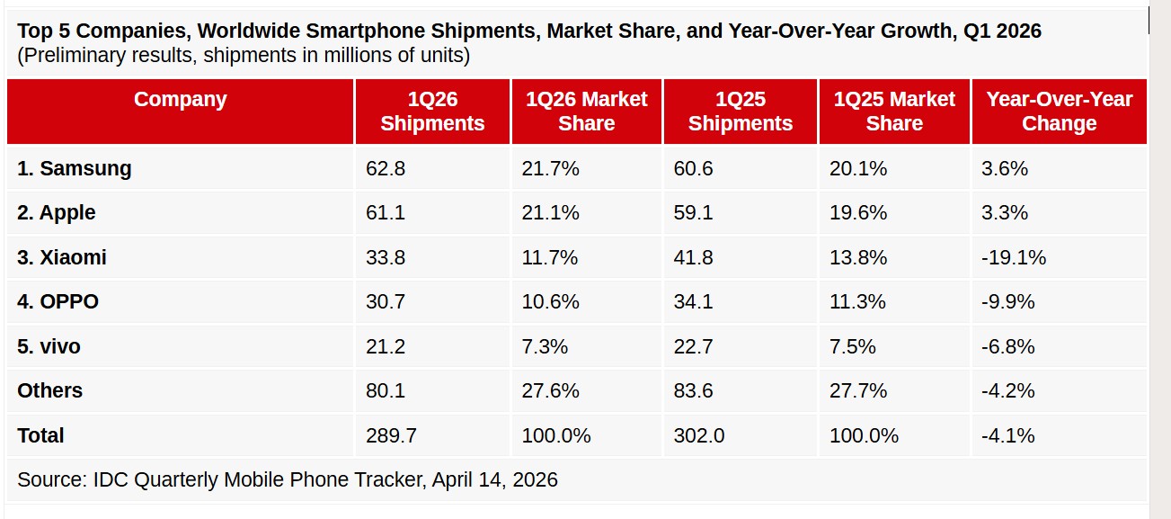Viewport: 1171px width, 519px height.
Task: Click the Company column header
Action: (180, 100)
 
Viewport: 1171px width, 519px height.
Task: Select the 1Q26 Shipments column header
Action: (432, 112)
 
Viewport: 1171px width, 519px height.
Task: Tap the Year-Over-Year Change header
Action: (1059, 112)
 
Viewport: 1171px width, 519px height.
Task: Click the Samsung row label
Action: (75, 168)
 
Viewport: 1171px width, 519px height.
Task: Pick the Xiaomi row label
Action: (62, 257)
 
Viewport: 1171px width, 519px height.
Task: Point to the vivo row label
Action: (49, 346)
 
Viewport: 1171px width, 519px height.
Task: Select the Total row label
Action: (40, 435)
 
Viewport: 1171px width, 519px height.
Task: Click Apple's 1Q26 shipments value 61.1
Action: (385, 213)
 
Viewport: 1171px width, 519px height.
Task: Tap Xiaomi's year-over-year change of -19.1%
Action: (1014, 257)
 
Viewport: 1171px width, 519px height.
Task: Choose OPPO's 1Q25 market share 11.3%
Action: (858, 302)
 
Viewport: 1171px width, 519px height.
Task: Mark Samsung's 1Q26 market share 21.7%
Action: (550, 168)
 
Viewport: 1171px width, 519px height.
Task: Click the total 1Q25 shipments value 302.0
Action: (698, 435)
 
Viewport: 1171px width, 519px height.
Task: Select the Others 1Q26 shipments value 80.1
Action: (385, 391)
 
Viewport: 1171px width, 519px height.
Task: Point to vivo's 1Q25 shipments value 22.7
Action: (693, 346)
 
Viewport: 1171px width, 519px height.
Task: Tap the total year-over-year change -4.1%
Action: (1007, 435)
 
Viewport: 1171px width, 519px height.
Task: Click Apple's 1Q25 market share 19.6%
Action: (858, 213)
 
